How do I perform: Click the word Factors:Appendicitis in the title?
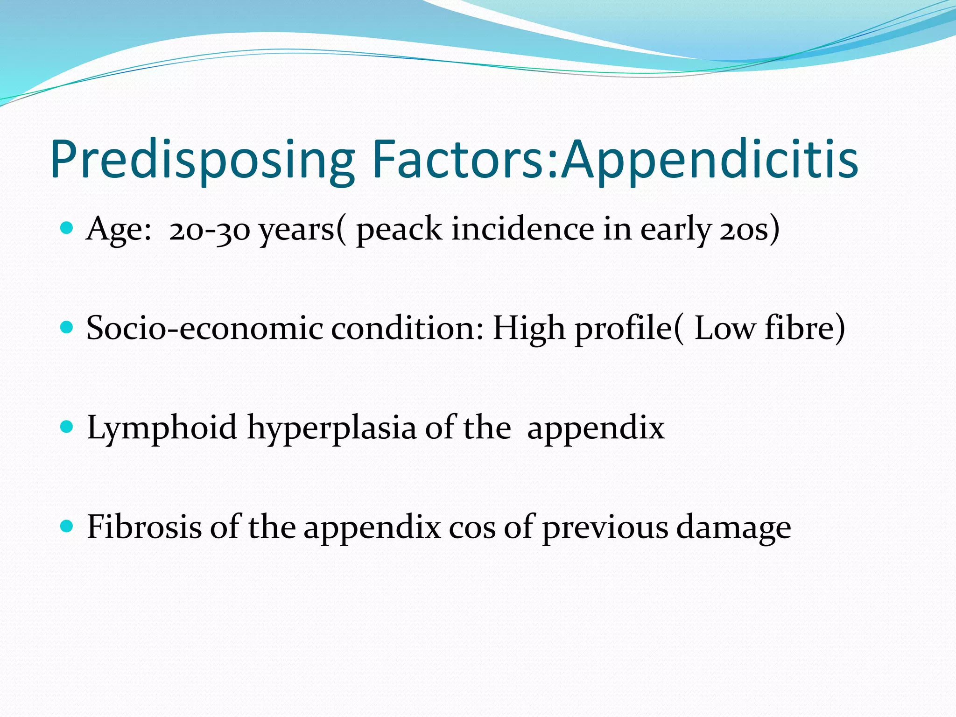[x=615, y=160]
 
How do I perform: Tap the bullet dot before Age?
[x=67, y=228]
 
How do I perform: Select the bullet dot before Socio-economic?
[x=67, y=327]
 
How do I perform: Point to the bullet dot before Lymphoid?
[x=67, y=427]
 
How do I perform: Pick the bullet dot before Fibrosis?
[x=67, y=526]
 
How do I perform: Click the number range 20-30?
[x=210, y=230]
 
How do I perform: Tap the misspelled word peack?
[x=399, y=230]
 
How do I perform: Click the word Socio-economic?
[x=204, y=328]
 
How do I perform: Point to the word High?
[x=529, y=329]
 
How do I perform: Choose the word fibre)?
[x=805, y=328]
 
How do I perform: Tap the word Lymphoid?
[x=162, y=429]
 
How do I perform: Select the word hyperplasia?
[x=331, y=429]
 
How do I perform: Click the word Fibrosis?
[x=144, y=527]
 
